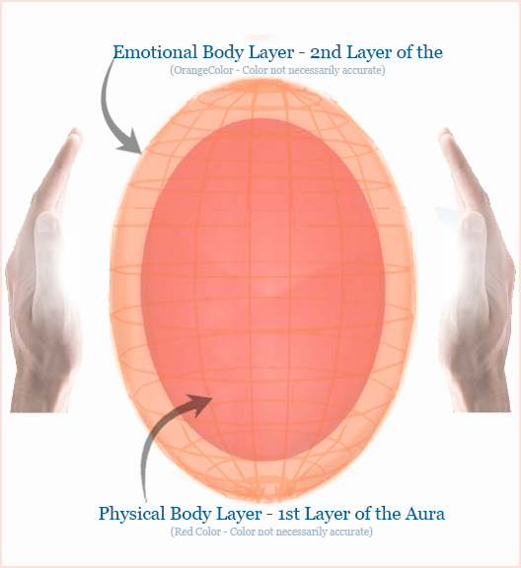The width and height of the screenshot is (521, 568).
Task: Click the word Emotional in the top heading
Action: coord(155,52)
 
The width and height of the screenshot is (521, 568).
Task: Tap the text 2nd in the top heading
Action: coord(326,52)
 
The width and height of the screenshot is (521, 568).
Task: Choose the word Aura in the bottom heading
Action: coord(424,514)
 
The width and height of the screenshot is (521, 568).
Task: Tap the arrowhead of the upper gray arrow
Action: coord(130,141)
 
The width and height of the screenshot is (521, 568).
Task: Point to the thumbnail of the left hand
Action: coord(47,222)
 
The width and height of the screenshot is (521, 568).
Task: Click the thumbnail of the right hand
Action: coord(474,222)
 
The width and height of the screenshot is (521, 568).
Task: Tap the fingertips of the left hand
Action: coord(75,135)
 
